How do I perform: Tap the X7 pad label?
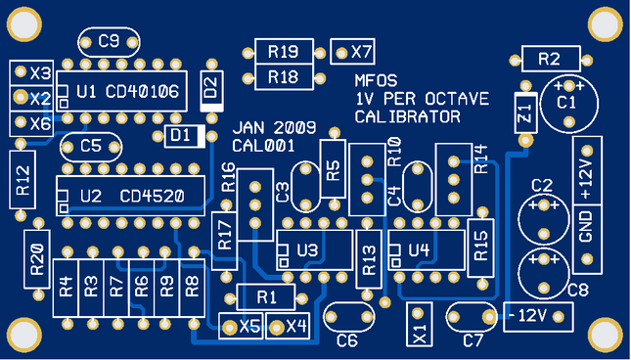pos(361,51)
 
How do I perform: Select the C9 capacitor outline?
pos(109,41)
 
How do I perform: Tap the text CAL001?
pos(259,146)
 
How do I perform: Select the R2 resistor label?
pos(549,59)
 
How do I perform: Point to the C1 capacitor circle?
pos(566,102)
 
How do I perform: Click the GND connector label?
pos(586,232)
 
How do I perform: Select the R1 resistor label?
pos(267,295)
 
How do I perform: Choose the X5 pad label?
pos(250,326)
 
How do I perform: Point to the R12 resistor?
pos(23,179)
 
